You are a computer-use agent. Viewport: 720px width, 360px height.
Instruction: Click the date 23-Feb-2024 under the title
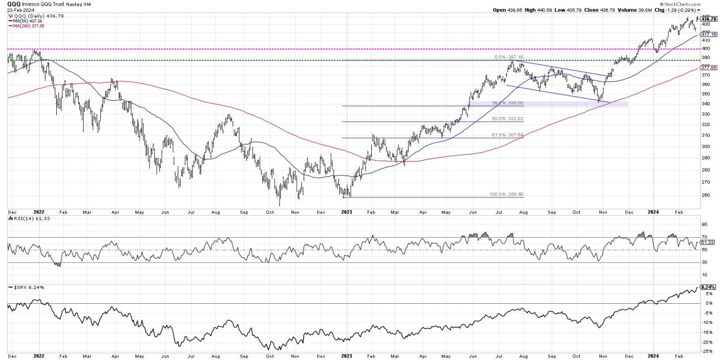click(15, 10)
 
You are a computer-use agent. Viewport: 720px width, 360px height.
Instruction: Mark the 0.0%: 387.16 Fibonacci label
click(508, 57)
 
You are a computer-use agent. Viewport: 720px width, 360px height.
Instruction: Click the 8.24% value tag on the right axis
click(707, 287)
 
